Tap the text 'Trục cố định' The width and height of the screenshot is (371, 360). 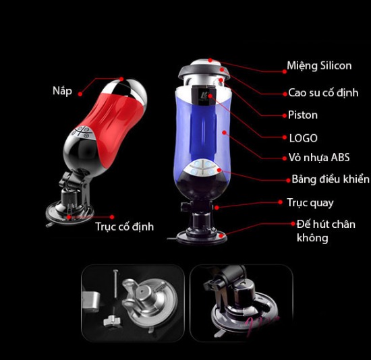(x=124, y=227)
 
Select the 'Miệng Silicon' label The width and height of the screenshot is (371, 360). (x=319, y=65)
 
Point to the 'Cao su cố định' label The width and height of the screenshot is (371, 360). (x=323, y=92)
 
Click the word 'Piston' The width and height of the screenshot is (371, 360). (x=302, y=115)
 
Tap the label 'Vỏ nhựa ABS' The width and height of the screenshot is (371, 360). (x=318, y=158)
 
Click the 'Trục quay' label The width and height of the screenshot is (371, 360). (x=310, y=202)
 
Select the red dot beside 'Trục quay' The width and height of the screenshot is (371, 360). (x=280, y=202)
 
